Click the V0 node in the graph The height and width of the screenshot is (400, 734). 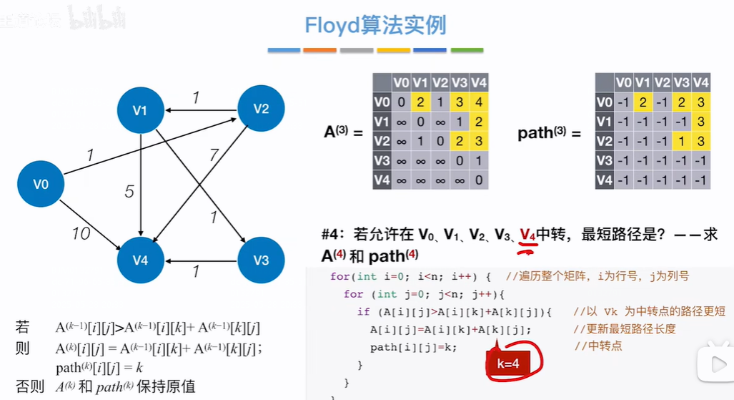point(41,185)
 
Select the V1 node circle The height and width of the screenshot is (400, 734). point(140,110)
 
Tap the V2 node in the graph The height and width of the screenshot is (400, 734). point(261,109)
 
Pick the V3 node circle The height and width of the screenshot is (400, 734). point(262,260)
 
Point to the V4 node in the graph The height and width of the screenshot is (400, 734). point(140,260)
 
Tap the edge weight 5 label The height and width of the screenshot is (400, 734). point(129,191)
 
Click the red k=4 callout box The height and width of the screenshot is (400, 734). point(507,364)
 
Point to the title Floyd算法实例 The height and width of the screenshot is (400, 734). point(375,26)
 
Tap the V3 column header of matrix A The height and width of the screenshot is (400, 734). point(459,82)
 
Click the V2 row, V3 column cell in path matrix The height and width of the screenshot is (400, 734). point(682,140)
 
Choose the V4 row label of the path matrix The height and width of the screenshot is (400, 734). point(605,180)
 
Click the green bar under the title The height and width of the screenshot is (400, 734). point(467,50)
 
